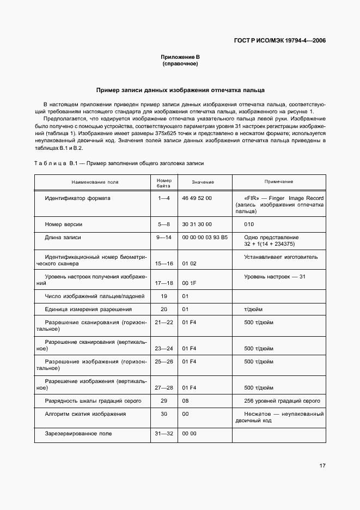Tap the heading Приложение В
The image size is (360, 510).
click(x=180, y=57)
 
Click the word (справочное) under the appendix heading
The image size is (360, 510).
click(x=180, y=64)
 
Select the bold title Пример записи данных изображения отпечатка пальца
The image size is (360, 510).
click(x=180, y=90)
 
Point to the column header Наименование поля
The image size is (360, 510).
click(x=93, y=182)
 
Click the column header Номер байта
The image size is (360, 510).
click(x=164, y=182)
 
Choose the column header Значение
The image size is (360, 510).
click(x=203, y=182)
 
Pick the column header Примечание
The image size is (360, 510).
click(x=279, y=181)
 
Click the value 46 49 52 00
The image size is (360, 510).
click(x=197, y=198)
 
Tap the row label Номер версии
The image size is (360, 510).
click(x=64, y=224)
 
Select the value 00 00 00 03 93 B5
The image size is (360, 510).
click(x=205, y=238)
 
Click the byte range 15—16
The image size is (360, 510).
click(x=164, y=264)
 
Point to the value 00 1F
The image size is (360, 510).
click(x=189, y=283)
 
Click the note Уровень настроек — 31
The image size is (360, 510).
click(x=275, y=277)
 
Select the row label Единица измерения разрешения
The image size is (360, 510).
click(x=88, y=309)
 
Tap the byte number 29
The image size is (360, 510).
click(x=164, y=401)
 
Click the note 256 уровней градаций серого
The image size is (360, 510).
click(x=282, y=401)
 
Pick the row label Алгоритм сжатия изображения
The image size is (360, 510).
click(x=86, y=414)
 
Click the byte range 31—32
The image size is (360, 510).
click(x=164, y=434)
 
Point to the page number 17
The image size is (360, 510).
click(x=322, y=466)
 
